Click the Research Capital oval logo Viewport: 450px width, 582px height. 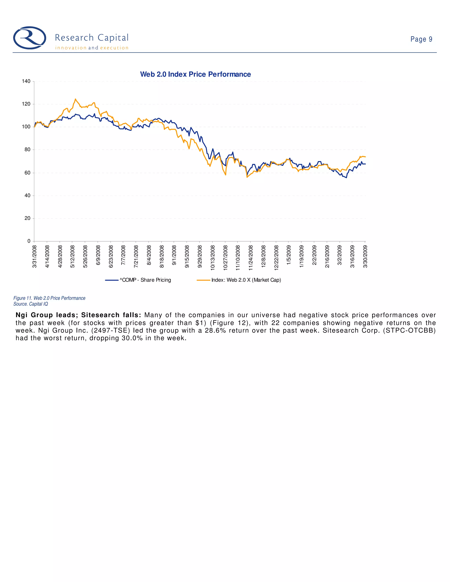click(30, 38)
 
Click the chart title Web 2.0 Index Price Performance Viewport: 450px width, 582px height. click(195, 74)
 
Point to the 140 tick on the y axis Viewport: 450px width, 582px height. click(26, 81)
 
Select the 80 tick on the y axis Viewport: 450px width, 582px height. click(27, 150)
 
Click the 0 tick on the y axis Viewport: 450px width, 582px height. click(29, 241)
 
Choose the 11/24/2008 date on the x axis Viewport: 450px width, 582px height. click(250, 258)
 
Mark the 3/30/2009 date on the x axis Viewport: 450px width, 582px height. click(365, 257)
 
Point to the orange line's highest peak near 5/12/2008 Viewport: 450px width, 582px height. click(75, 99)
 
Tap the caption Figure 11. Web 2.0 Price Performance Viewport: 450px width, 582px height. click(49, 298)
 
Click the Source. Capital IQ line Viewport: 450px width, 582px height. click(31, 304)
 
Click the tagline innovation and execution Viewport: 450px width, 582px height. click(92, 48)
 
